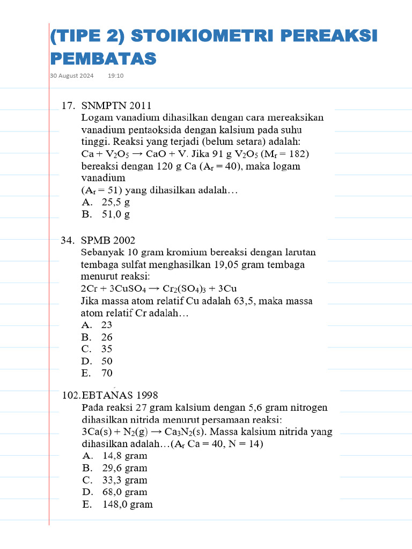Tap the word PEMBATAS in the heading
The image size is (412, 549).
(x=103, y=58)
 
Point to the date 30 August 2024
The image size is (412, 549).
(x=72, y=76)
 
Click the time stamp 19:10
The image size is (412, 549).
(x=115, y=76)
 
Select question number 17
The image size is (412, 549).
(x=69, y=105)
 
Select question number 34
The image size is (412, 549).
(x=69, y=240)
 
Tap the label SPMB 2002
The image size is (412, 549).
(x=108, y=240)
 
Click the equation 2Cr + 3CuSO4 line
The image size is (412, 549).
(x=159, y=288)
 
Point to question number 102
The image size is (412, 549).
(x=71, y=395)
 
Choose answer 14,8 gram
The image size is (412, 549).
(x=124, y=456)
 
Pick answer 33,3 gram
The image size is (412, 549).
(x=124, y=480)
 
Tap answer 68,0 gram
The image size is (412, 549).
(x=124, y=492)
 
